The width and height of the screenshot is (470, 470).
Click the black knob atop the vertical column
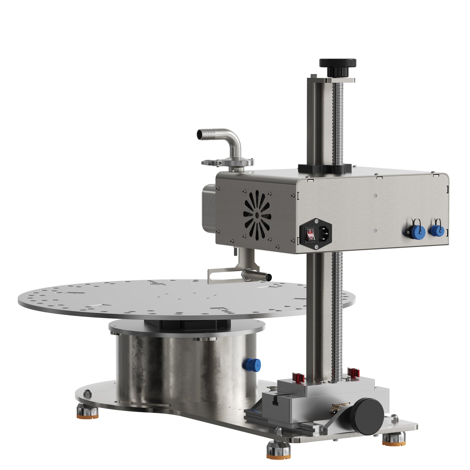pos(338,63)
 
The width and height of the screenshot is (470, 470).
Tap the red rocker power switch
pos(311,234)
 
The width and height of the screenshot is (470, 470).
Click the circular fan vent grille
pos(257,215)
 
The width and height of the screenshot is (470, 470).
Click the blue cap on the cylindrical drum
pos(252,365)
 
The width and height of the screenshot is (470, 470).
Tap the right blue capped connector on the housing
pos(436,230)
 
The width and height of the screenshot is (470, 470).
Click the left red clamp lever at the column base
pos(298,378)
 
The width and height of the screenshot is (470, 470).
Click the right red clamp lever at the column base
pos(353,373)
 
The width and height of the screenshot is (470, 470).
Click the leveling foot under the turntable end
pos(87,411)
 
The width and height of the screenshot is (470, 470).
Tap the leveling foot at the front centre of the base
pos(278,450)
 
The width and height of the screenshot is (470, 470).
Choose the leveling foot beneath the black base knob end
pos(394,439)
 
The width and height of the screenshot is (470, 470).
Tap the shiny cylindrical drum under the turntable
pos(185,368)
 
